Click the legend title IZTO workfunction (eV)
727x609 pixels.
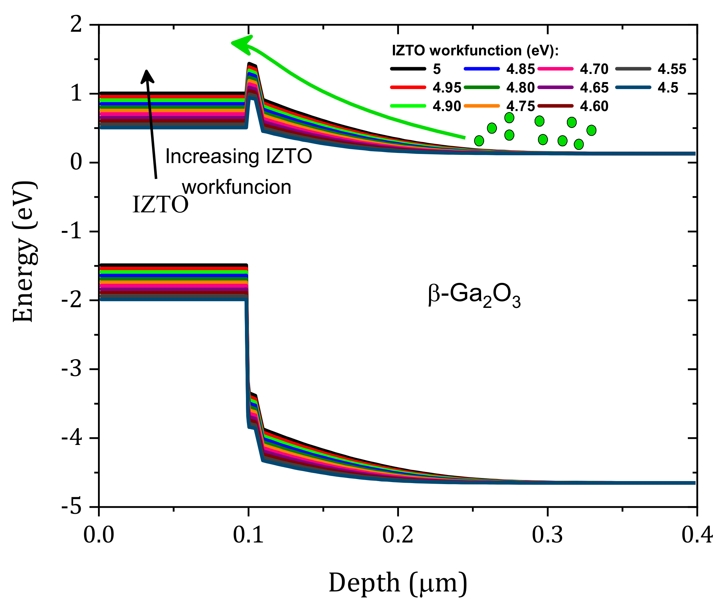tap(475, 51)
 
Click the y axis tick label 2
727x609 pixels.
tap(76, 25)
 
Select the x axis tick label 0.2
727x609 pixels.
tap(398, 535)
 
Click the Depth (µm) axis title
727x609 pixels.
tap(398, 583)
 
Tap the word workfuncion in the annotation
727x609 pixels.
tap(236, 187)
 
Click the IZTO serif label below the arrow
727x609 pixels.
tap(160, 205)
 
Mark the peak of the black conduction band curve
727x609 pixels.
tap(249, 63)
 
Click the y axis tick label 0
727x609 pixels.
tap(76, 162)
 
